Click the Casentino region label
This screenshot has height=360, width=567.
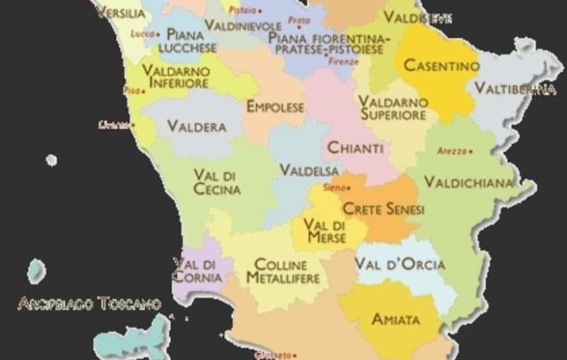[x=441, y=66]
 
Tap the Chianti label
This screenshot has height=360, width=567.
[x=355, y=148]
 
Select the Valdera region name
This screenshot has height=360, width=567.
[x=196, y=126]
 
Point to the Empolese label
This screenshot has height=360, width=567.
[x=275, y=107]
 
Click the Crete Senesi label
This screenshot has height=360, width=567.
[x=383, y=209]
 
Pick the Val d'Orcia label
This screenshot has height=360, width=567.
[x=400, y=264]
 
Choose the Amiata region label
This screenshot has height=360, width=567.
[x=395, y=319]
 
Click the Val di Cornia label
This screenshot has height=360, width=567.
[x=194, y=270]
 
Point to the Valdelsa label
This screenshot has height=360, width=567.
[x=309, y=170]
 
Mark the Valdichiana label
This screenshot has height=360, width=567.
[x=468, y=182]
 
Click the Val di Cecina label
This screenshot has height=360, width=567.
[x=217, y=182]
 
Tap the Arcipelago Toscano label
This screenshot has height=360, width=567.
[x=89, y=303]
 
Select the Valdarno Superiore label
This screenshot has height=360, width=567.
[x=393, y=108]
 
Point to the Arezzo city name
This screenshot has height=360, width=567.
[x=452, y=151]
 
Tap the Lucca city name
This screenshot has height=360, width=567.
[x=142, y=33]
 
